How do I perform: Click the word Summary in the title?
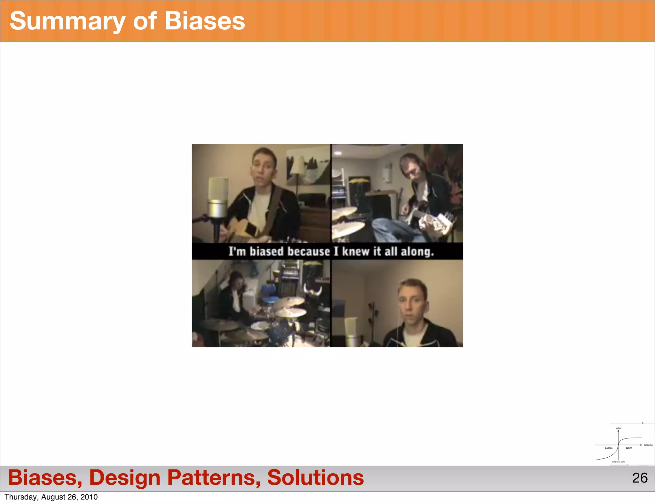point(67,21)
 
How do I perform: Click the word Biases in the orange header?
point(205,21)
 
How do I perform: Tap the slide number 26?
point(640,478)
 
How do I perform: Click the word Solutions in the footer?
point(315,477)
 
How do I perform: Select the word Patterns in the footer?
point(214,477)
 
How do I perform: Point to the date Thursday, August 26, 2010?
point(51,497)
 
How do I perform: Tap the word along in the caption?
point(417,251)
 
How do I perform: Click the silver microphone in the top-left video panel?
point(218,198)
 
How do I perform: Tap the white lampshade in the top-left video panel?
point(298,165)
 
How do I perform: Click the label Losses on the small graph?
point(609,448)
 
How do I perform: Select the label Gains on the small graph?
point(629,448)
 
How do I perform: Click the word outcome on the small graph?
point(648,445)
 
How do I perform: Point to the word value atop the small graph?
point(618,428)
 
